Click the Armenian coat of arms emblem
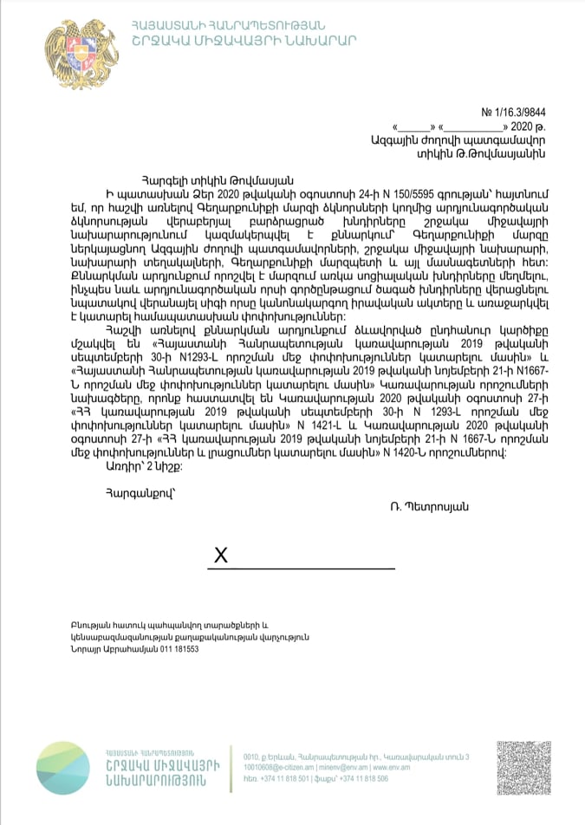pyautogui.click(x=70, y=53)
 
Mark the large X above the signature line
pyautogui.click(x=221, y=555)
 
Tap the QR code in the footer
pyautogui.click(x=523, y=768)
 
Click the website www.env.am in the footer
pyautogui.click(x=393, y=768)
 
